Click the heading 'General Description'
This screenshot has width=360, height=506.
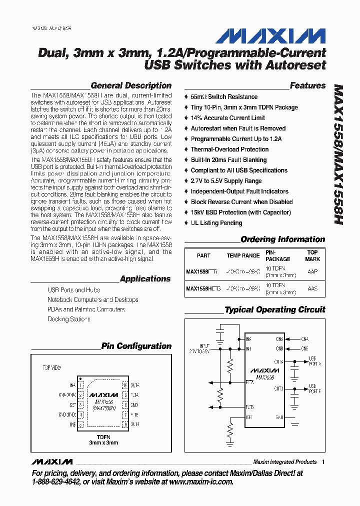click(131, 85)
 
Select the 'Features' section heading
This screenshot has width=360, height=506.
click(307, 85)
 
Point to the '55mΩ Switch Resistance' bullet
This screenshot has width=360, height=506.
click(224, 96)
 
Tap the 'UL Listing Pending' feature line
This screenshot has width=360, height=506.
click(216, 223)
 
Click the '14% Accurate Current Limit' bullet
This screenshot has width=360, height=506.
click(227, 118)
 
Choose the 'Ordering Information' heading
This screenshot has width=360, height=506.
click(282, 239)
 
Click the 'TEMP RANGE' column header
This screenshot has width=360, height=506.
click(243, 255)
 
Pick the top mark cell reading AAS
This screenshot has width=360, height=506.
click(312, 289)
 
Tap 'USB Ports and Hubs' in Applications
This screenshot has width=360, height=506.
click(73, 290)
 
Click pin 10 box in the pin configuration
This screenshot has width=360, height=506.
click(125, 385)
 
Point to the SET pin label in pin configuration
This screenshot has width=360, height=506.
click(72, 405)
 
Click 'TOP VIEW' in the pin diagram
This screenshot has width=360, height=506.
click(51, 368)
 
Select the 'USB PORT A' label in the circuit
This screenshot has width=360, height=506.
click(315, 361)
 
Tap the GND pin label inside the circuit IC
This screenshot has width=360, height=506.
click(279, 417)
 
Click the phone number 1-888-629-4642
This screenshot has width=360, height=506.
click(55, 482)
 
